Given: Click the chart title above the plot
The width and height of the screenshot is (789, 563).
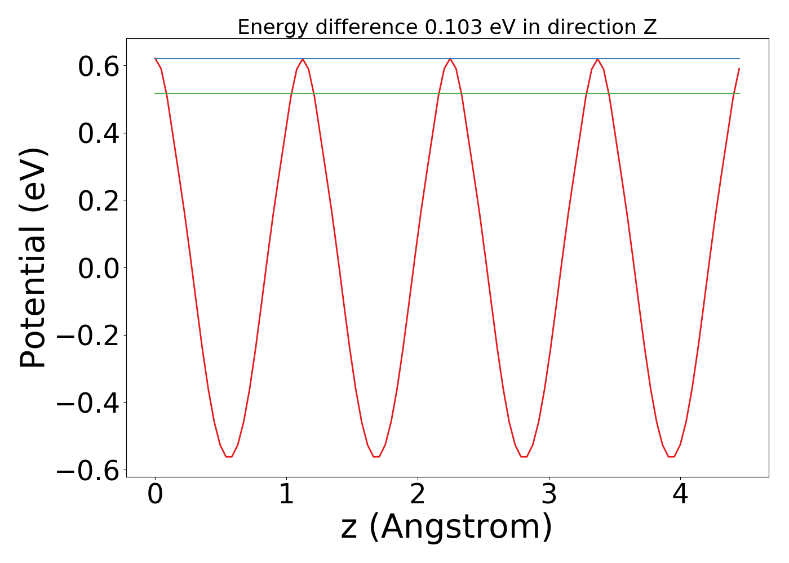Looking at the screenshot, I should tap(447, 27).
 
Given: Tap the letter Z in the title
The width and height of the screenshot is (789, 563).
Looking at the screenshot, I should tap(651, 27).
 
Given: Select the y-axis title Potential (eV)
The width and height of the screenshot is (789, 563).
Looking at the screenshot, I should tap(34, 258).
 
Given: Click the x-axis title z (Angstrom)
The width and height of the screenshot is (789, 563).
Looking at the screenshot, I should tap(446, 527).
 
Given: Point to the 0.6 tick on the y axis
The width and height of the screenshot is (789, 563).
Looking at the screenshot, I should tap(98, 66).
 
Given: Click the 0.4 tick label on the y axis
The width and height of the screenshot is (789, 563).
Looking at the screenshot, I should tap(98, 133).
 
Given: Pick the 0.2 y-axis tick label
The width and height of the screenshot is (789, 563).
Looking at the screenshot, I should tap(98, 200).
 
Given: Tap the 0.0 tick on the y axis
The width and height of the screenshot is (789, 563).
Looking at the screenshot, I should tap(98, 268).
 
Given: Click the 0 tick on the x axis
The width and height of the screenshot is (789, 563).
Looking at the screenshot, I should tap(155, 494).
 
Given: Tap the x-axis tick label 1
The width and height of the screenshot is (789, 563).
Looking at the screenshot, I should tap(286, 494).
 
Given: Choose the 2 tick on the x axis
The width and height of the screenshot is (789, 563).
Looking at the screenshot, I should tap(418, 494).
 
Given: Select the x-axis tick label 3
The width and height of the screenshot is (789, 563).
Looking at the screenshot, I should tap(549, 494).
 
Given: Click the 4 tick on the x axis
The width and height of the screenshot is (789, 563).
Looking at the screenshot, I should tap(680, 494).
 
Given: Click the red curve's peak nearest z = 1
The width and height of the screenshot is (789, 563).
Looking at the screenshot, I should tap(303, 59).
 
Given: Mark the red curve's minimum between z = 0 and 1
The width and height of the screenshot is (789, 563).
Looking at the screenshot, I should tap(229, 456).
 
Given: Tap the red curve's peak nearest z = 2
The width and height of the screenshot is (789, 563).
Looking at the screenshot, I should tap(450, 59).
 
